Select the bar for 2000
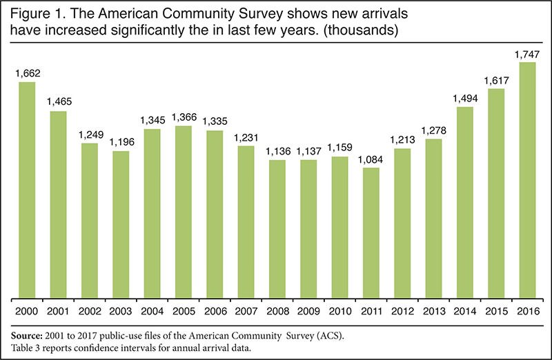tap(27, 191)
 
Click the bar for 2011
tap(371, 234)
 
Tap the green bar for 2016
tap(526, 181)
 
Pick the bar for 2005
tap(183, 212)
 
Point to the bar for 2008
tap(277, 230)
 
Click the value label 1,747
tap(526, 52)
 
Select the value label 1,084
tap(371, 158)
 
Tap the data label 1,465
tap(58, 101)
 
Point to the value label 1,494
tap(464, 97)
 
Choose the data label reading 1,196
tap(121, 141)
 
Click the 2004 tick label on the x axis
tap(152, 310)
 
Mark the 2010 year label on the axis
tap(339, 310)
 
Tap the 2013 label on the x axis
tap(433, 310)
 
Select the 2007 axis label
tap(246, 310)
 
